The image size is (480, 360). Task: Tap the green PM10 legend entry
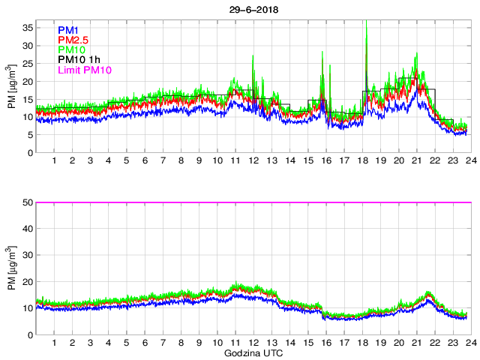point(71,50)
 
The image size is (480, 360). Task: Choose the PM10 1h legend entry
point(79,61)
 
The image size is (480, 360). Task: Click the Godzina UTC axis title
point(252,352)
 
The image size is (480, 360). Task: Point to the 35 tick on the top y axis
point(27,28)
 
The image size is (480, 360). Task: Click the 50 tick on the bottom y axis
point(27,202)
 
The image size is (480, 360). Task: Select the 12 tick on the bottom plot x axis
point(253,343)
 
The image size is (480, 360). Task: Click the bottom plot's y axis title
point(10,268)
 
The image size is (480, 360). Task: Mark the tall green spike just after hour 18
point(366,30)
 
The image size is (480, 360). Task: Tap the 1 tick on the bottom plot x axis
point(55,343)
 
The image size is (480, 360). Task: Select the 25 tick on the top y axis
point(27,64)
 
